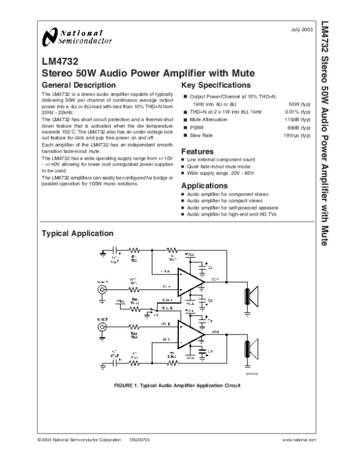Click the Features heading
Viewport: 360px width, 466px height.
click(197, 151)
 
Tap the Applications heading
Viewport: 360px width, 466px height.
click(203, 186)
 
